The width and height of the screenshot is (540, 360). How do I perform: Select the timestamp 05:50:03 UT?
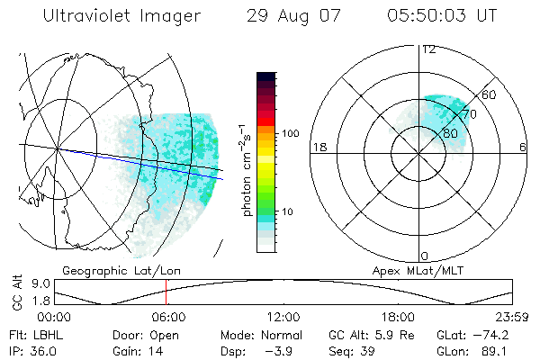click(443, 17)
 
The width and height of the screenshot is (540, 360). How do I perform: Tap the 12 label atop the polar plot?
click(429, 49)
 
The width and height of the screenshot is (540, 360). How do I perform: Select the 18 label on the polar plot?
click(319, 147)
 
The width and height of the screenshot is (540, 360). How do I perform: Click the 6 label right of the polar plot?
click(523, 147)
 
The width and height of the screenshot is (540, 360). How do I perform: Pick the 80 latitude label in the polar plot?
click(450, 133)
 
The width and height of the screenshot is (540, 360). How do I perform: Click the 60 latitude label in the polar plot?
click(490, 94)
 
